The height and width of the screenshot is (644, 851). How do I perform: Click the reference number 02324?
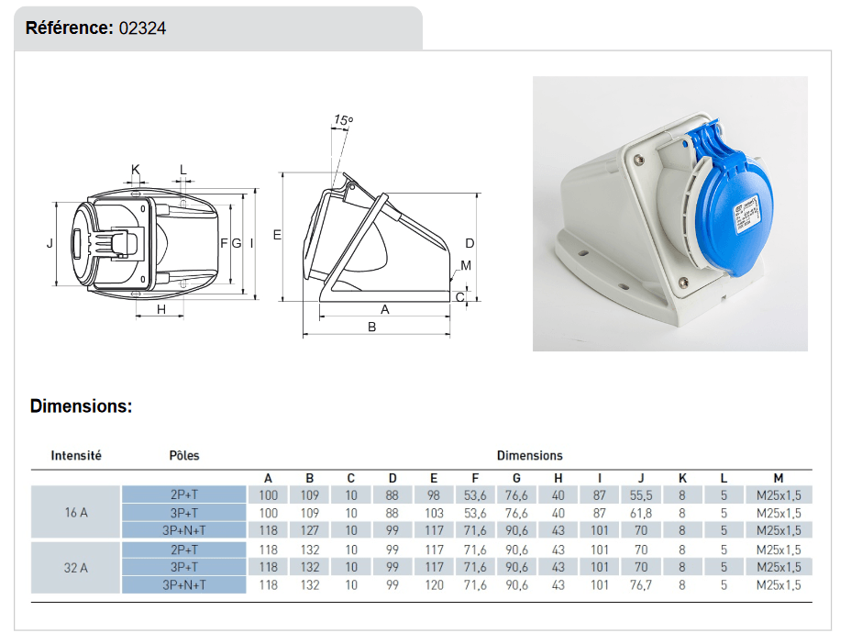point(142,28)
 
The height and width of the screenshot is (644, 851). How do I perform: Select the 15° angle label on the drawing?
point(343,120)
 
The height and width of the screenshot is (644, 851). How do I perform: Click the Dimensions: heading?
point(81,405)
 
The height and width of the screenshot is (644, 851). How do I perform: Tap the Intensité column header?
point(76,455)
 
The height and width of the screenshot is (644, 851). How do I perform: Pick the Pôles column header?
point(184,455)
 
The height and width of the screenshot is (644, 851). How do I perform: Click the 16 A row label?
point(76,513)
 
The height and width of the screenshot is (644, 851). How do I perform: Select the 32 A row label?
point(76,567)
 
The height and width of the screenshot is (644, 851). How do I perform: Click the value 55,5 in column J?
point(642,494)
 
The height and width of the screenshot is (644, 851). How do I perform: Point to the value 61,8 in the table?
point(642,513)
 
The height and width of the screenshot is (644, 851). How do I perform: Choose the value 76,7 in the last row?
point(642,584)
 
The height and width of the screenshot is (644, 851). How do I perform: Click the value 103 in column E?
point(435,513)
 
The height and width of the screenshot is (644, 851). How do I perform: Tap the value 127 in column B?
point(310,530)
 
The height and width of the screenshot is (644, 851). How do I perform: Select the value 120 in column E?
point(435,584)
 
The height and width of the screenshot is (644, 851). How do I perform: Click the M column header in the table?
point(778,478)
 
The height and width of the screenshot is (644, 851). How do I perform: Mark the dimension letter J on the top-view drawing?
point(50,243)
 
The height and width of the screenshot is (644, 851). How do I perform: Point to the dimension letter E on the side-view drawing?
point(277,236)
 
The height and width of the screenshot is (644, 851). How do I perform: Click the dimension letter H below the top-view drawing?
point(160,310)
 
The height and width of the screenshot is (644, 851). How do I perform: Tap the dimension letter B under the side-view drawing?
point(372,327)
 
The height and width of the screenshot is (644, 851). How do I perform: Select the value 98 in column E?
point(435,494)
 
